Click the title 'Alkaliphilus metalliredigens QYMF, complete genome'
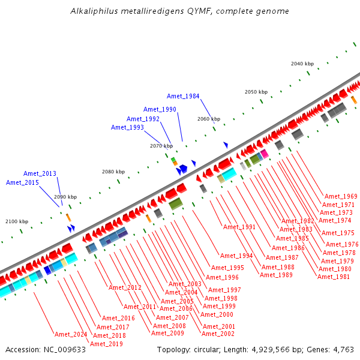pos(179,11)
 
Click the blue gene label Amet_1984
pos(183,96)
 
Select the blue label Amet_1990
pos(160,109)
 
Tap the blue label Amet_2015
pos(22,182)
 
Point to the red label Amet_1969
pos(341,196)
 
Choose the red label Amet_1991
pos(239,227)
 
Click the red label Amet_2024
pos(71,334)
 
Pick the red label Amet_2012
pos(125,287)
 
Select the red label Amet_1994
pos(236,256)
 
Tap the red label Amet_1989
pos(276,275)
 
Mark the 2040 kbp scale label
pos(302,64)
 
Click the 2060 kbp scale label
pos(209,119)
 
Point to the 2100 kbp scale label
pos(17,222)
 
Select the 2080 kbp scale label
pos(113,172)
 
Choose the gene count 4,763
pos(342,349)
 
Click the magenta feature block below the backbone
pos(264,154)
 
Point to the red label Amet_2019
pos(106,344)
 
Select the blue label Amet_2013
pos(40,173)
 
